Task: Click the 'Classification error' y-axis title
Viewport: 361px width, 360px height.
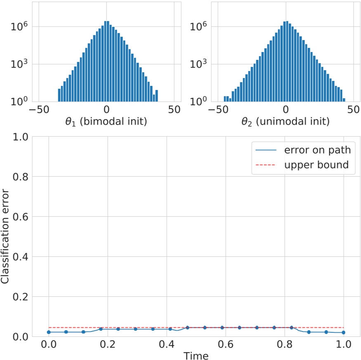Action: click(5, 236)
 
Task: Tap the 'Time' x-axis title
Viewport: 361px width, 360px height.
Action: click(196, 355)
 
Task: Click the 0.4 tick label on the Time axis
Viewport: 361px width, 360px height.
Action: click(166, 343)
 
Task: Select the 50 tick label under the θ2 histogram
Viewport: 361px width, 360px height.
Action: click(353, 110)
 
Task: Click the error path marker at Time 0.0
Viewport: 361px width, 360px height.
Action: click(49, 332)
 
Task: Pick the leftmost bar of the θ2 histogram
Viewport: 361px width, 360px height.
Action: click(225, 99)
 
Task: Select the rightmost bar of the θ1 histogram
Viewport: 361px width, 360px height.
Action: click(156, 95)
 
